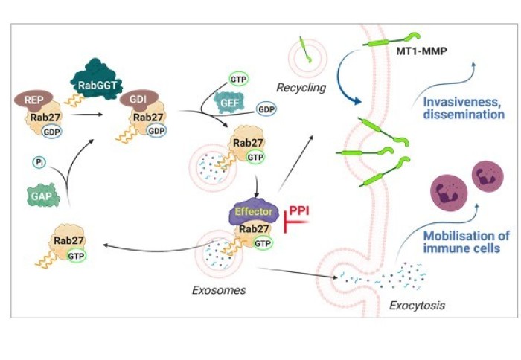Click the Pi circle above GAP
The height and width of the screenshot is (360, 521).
39,161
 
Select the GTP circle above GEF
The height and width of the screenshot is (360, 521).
237,78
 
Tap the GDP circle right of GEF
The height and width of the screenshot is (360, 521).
266,109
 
